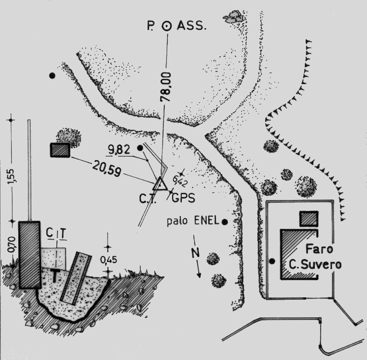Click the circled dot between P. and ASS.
167,26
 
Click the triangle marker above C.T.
160,184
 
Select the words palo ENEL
192,221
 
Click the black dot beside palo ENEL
225,222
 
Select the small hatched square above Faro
308,219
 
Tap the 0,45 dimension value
108,258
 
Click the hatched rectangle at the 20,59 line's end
60,150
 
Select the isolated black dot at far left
52,75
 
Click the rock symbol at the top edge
234,17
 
